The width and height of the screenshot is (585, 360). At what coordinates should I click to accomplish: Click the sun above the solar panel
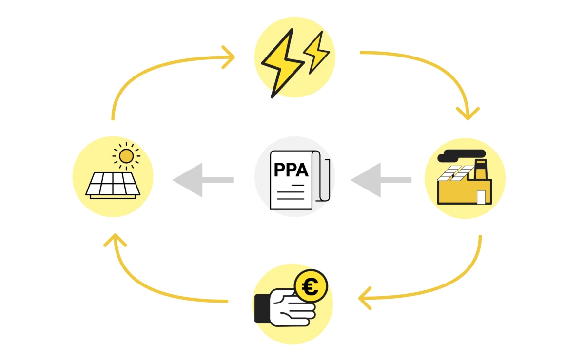coord(126,156)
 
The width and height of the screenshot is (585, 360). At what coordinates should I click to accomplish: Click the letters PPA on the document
coord(291,170)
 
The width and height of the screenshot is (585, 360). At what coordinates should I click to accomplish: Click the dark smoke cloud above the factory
coord(461,155)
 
